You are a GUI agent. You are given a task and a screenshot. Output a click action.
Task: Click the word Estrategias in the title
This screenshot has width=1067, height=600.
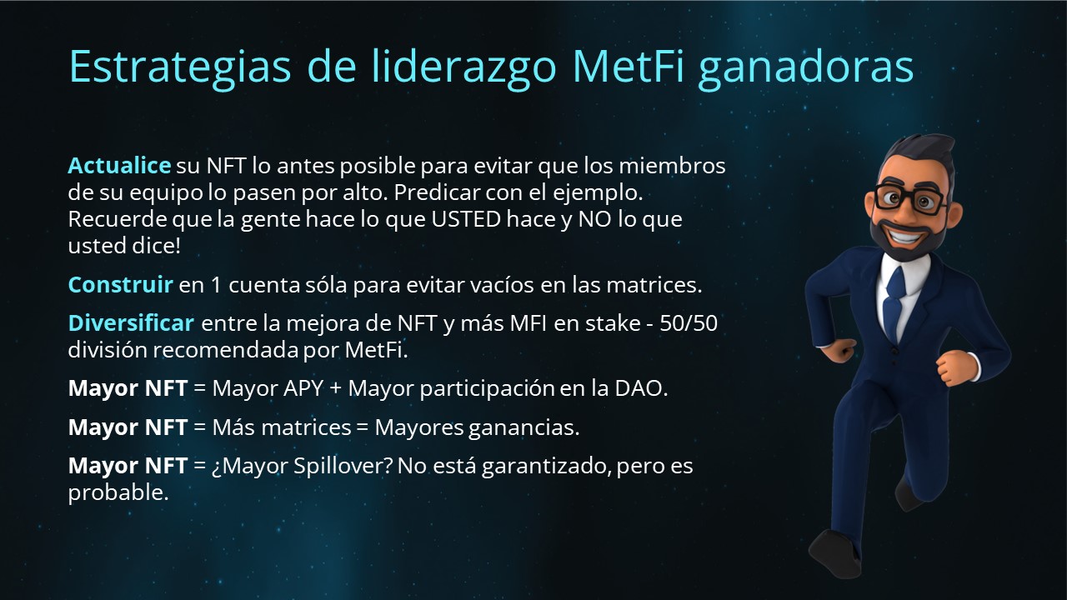click(179, 67)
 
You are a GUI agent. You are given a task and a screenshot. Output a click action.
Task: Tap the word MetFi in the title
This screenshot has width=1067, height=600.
click(628, 66)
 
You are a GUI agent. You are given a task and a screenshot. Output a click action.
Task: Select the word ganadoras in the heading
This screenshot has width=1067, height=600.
click(805, 68)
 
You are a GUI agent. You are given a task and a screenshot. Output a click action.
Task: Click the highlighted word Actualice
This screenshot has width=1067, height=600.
click(119, 166)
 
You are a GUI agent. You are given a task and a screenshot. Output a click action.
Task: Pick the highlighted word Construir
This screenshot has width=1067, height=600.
click(120, 285)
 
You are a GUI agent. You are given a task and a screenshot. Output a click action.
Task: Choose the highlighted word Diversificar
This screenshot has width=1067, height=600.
click(131, 322)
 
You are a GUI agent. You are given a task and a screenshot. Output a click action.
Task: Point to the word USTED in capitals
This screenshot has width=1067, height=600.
click(466, 219)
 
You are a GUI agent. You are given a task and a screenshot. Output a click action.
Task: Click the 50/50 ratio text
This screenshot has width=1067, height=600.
click(689, 323)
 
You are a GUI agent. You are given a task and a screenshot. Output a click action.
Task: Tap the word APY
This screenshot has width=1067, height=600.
click(303, 388)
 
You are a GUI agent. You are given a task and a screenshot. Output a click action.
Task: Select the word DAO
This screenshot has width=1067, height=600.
click(639, 388)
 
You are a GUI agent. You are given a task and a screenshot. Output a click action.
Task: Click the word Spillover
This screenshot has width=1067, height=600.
click(343, 466)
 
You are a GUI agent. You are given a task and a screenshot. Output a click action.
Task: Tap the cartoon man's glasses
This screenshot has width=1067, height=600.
click(909, 197)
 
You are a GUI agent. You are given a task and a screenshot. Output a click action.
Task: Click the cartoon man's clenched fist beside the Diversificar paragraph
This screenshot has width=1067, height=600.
click(842, 351)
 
